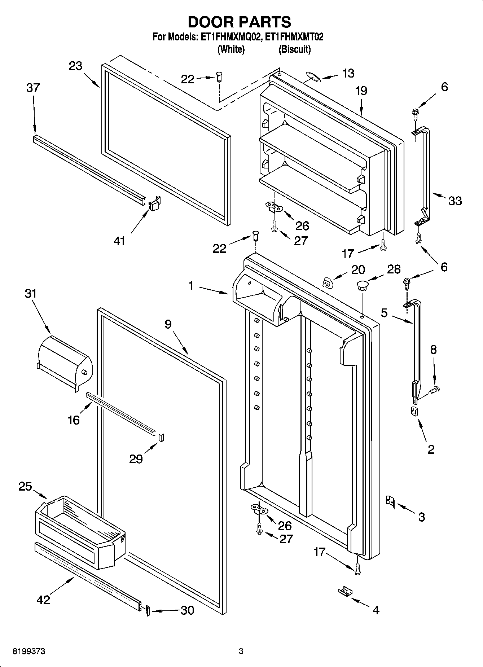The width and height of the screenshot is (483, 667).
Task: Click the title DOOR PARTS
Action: tap(239, 22)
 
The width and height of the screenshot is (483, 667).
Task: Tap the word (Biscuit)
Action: tap(294, 49)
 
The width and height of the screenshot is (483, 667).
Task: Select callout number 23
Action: tap(75, 66)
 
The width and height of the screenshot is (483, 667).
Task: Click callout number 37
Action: tap(32, 88)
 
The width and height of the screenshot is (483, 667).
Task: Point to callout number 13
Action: tap(348, 73)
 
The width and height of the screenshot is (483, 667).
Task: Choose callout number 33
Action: tap(455, 201)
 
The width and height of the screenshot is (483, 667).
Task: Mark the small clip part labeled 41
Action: tap(154, 203)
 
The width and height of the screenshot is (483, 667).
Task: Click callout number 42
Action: tap(43, 600)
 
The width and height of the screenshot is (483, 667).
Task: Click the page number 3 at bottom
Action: tap(241, 651)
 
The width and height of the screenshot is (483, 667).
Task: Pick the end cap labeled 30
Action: tap(148, 610)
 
